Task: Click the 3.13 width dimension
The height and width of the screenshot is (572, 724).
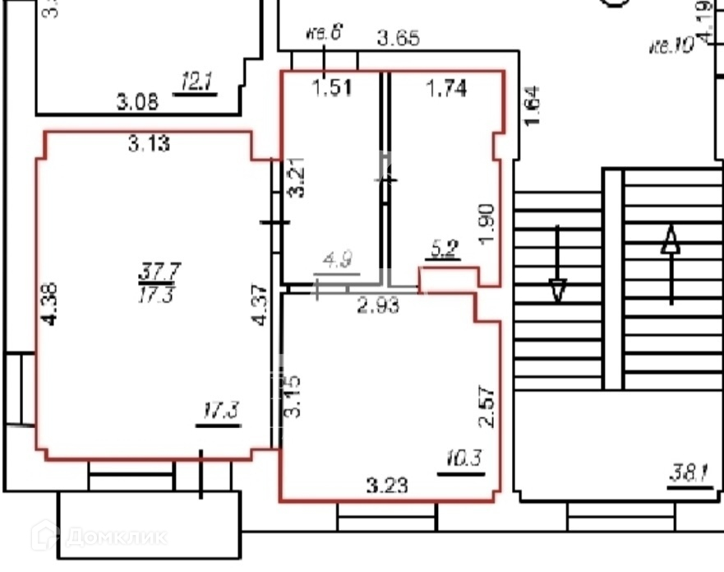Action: pyautogui.click(x=149, y=145)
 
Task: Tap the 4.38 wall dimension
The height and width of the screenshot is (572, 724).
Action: pyautogui.click(x=51, y=305)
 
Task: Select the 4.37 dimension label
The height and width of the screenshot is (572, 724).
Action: pyautogui.click(x=262, y=305)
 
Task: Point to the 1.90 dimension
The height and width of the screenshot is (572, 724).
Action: pyautogui.click(x=487, y=223)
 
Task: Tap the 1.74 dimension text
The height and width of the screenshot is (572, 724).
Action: pyautogui.click(x=445, y=87)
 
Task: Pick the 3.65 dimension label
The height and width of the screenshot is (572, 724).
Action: pyautogui.click(x=399, y=37)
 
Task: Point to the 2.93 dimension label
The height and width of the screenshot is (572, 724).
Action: pyautogui.click(x=377, y=306)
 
